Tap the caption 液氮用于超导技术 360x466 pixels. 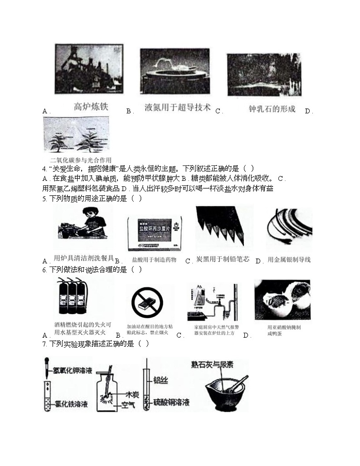pyautogui.click(x=178, y=107)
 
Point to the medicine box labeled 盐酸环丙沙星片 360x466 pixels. pyautogui.click(x=157, y=232)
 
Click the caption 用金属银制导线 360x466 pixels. pyautogui.click(x=289, y=260)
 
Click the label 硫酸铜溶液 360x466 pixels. pyautogui.click(x=170, y=402)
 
